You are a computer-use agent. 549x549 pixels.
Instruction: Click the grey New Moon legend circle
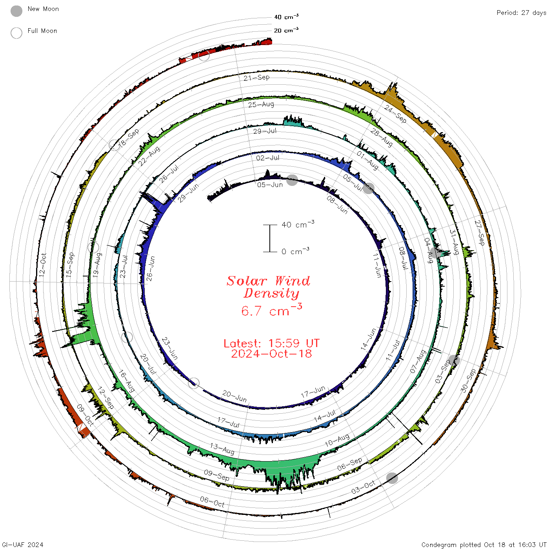tap(16, 11)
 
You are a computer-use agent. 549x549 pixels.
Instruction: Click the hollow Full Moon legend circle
tap(16, 33)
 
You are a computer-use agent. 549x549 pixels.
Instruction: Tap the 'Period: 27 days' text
tap(522, 13)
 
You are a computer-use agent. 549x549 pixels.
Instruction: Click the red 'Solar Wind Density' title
tap(268, 287)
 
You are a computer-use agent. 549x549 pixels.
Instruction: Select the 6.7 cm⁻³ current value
tap(271, 310)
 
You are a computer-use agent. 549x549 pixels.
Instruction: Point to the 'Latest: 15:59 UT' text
tap(271, 343)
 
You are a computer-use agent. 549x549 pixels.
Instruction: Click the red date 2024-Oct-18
tap(271, 354)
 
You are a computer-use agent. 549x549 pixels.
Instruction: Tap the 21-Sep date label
tap(256, 78)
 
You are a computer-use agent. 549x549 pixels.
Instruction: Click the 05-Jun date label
tap(270, 185)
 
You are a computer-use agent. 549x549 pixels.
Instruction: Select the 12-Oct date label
tap(43, 265)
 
